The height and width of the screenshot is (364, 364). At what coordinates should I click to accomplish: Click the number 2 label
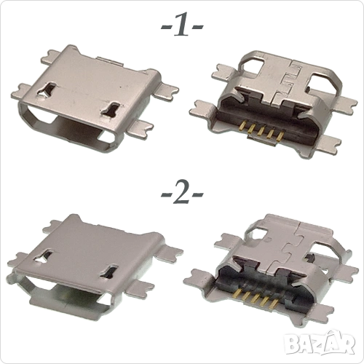[x=182, y=193]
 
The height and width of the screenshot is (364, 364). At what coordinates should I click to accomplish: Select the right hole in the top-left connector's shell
[x=111, y=108]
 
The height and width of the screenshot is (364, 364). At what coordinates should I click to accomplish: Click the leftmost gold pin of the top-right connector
[x=242, y=125]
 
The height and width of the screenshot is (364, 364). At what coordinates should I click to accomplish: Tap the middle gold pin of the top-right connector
[x=261, y=131]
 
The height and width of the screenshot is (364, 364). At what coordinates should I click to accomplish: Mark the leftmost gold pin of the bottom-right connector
[x=238, y=292]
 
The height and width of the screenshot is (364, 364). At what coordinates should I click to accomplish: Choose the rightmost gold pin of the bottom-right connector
[x=275, y=303]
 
